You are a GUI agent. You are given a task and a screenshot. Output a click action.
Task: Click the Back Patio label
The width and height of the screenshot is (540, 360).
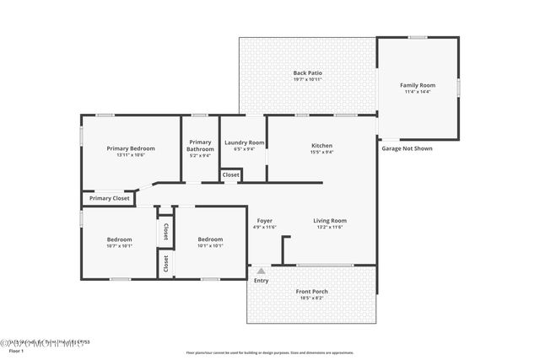tap(307, 73)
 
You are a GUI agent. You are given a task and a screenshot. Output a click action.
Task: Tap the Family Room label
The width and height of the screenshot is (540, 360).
tap(417, 85)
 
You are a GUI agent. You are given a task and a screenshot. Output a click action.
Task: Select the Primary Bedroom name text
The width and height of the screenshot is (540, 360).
tap(131, 148)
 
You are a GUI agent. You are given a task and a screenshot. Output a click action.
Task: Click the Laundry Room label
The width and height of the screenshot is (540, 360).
tap(243, 142)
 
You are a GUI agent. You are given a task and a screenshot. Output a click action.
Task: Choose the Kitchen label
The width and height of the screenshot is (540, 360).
tap(321, 146)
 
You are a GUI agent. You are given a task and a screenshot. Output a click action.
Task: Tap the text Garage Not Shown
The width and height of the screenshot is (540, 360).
tap(407, 148)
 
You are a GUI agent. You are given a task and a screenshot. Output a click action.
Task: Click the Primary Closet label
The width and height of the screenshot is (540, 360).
tap(110, 198)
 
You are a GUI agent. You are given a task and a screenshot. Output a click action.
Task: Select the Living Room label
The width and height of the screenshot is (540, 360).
tap(330, 221)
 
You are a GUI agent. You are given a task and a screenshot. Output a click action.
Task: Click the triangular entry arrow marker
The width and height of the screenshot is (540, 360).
tap(261, 271)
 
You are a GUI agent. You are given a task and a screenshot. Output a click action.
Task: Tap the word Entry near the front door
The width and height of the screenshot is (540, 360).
tap(262, 280)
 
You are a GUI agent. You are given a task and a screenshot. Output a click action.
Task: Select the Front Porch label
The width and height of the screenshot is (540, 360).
tap(312, 292)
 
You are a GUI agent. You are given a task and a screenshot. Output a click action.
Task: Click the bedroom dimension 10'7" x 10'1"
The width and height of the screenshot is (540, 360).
tap(119, 245)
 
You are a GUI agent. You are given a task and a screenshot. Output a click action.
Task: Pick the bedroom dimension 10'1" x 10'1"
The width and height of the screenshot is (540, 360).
tap(210, 245)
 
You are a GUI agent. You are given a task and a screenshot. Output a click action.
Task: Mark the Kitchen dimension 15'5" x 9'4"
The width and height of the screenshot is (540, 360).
tap(321, 153)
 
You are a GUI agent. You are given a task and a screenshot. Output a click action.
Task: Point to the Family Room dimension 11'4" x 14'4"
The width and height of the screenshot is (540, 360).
tap(417, 92)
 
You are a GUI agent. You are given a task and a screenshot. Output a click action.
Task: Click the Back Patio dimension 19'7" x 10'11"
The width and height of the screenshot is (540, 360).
tap(307, 80)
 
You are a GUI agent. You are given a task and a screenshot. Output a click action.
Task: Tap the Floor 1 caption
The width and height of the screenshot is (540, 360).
tap(16, 350)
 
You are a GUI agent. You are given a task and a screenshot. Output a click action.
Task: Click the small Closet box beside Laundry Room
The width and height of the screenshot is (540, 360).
tap(230, 175)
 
